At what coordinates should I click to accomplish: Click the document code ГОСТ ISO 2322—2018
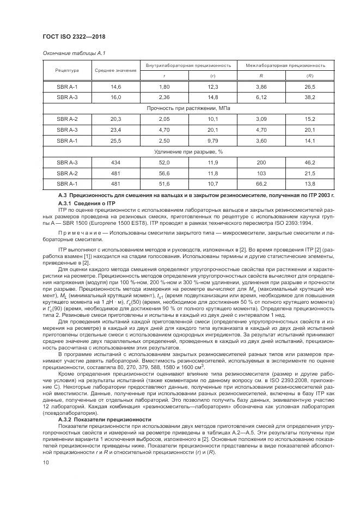[x=74, y=36]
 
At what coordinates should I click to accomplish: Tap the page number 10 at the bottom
[x=45, y=462]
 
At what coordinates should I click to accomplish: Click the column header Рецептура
[x=67, y=70]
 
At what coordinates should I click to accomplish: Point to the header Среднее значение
[x=115, y=70]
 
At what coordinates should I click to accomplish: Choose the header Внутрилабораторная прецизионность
[x=188, y=65]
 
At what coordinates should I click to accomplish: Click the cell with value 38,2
[x=310, y=97]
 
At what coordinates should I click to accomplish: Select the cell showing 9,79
[x=213, y=140]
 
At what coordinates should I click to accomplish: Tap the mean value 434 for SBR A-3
[x=115, y=162]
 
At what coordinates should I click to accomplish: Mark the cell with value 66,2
[x=261, y=183]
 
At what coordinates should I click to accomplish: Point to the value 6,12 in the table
[x=261, y=97]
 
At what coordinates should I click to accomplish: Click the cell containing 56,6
[x=164, y=173]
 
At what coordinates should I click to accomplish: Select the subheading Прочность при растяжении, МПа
[x=188, y=108]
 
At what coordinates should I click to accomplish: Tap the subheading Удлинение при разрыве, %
[x=188, y=151]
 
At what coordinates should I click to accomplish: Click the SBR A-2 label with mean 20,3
[x=67, y=119]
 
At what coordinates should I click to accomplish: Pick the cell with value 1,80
[x=164, y=87]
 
